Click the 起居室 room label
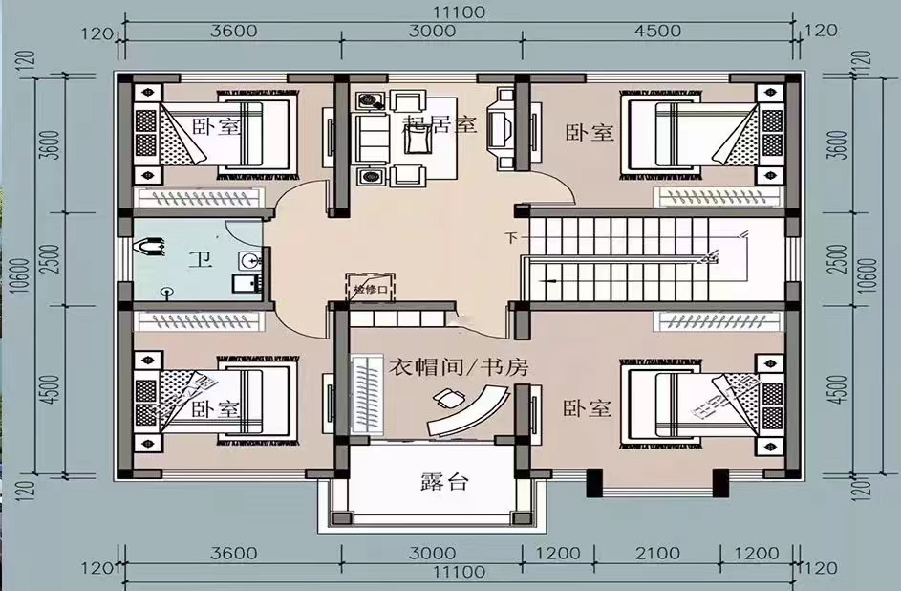click(440, 124)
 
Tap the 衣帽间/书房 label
click(459, 366)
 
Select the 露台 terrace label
click(444, 482)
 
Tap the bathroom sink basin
click(249, 259)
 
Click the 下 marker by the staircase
click(511, 237)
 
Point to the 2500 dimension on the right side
click(841, 258)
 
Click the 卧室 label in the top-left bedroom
click(215, 127)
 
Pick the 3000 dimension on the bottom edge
click(436, 553)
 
